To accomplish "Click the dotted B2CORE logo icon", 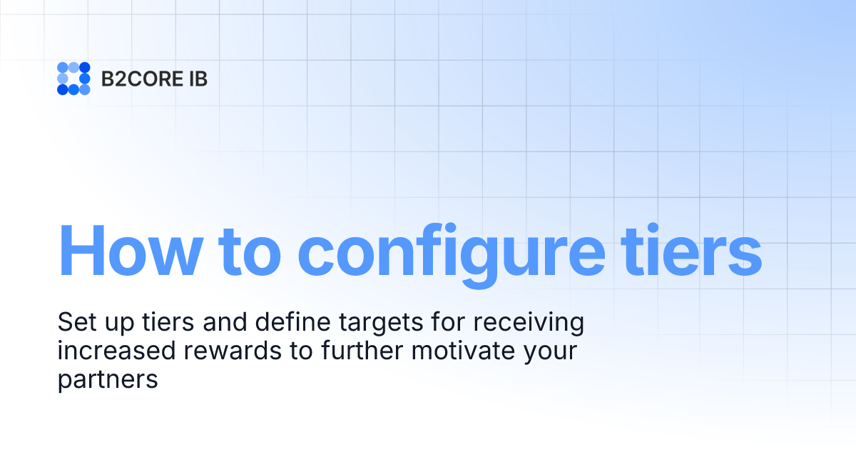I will [73, 79].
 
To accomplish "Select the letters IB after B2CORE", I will [198, 79].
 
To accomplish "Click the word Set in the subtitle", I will [75, 323].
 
